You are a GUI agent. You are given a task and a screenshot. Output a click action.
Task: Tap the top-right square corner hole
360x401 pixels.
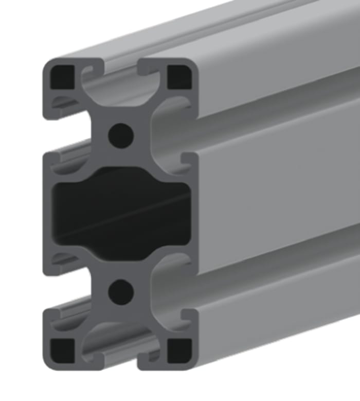tap(179, 76)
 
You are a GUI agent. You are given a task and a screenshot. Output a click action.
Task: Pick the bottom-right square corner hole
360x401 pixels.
tap(179, 350)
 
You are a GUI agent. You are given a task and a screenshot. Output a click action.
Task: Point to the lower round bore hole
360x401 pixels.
tap(121, 292)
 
